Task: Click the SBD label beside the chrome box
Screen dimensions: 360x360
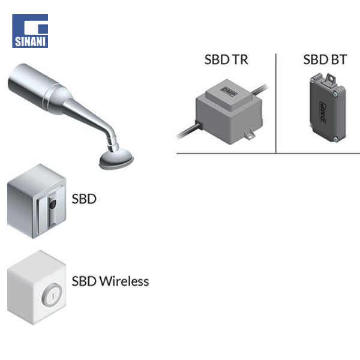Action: [83, 198]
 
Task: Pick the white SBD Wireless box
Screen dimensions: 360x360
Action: [35, 287]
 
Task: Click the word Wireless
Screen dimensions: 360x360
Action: [124, 281]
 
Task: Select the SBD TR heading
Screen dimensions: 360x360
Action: [226, 60]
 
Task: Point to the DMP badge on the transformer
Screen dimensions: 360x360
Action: [229, 91]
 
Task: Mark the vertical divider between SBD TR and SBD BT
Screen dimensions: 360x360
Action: [276, 102]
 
